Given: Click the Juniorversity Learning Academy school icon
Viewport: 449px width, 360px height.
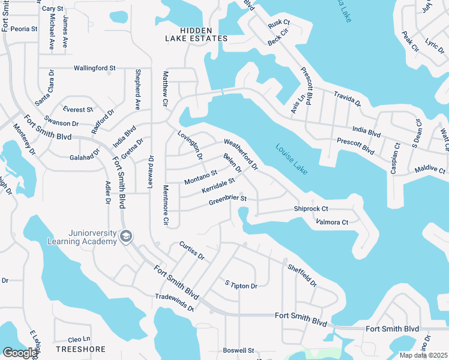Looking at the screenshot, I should (x=126, y=237).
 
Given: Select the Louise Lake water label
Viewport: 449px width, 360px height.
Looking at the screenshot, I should (x=292, y=159).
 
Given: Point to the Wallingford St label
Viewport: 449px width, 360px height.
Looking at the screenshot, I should (x=94, y=68).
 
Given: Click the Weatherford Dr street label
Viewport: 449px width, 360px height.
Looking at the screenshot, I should (x=241, y=153).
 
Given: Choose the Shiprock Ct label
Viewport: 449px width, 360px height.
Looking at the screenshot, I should (x=311, y=209).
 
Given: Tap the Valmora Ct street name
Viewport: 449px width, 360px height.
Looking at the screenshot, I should (x=332, y=223).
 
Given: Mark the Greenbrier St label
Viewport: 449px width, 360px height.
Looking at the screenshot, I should (x=228, y=200).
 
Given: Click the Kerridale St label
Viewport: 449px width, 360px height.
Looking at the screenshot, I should (x=218, y=186).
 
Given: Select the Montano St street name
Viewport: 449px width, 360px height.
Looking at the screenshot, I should (x=200, y=177).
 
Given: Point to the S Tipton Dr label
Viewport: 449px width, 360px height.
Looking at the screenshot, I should (x=241, y=284).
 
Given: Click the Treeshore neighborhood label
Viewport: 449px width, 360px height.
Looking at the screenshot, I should (x=80, y=349).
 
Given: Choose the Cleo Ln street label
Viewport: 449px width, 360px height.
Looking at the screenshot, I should (x=79, y=339).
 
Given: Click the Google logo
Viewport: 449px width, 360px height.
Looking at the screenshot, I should (x=20, y=353).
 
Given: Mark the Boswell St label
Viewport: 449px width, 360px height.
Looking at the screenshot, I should (x=239, y=350).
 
